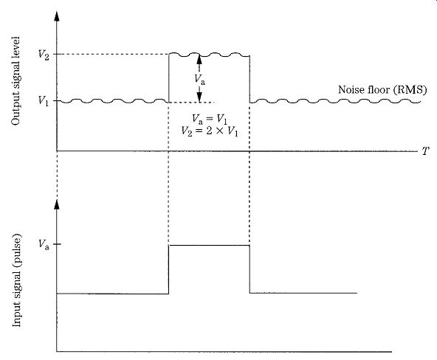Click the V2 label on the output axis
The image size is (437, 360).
[44, 55]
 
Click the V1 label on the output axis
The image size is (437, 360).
[44, 101]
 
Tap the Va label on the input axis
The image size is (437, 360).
[44, 244]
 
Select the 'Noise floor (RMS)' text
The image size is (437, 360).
[382, 90]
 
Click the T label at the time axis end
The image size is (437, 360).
[426, 151]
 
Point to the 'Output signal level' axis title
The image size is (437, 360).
[16, 80]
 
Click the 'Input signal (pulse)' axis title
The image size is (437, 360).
[16, 281]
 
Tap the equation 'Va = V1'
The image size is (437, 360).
[210, 120]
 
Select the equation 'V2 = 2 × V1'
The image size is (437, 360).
[210, 131]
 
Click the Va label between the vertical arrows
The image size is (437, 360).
[200, 80]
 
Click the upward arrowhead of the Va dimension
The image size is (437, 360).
[199, 59]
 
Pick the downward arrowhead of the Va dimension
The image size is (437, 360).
[199, 97]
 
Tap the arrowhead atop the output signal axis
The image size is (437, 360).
[57, 17]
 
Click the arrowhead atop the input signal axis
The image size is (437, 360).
[57, 204]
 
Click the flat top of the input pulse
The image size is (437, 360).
[209, 246]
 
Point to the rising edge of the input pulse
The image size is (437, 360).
[168, 269]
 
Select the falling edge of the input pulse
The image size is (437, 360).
[250, 269]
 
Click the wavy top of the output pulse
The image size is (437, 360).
[209, 55]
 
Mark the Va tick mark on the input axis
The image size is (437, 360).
[57, 244]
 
